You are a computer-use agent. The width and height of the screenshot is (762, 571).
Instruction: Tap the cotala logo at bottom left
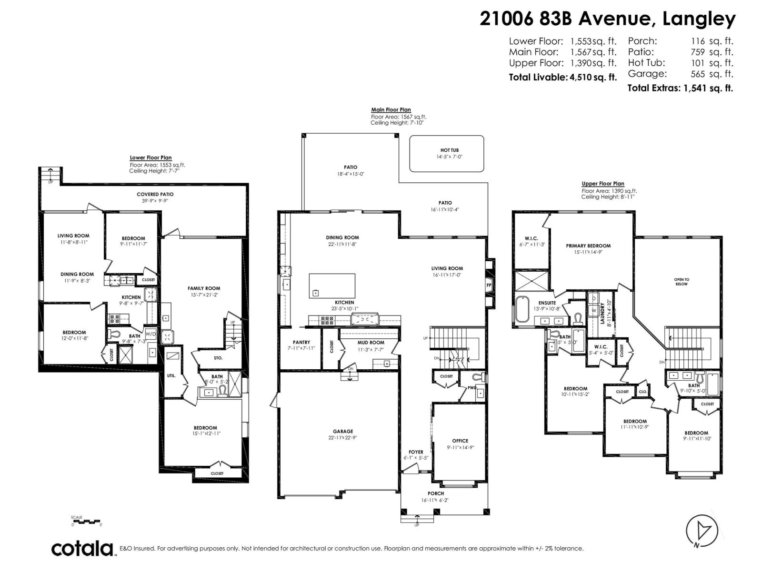click(82, 548)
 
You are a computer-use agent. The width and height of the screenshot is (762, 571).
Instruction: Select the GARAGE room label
click(343, 432)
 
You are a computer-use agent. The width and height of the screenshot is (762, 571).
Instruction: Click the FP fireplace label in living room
click(489, 285)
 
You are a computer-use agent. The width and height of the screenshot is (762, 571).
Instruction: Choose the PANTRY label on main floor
click(301, 342)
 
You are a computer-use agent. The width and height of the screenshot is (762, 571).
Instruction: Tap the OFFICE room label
click(460, 441)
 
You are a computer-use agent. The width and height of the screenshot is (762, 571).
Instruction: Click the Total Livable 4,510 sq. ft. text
click(562, 77)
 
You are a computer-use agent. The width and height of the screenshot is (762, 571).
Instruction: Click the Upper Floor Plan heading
click(602, 184)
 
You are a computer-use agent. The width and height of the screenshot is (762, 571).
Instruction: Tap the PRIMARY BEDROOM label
click(588, 246)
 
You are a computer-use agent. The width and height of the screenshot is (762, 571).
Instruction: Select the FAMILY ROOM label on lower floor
click(204, 288)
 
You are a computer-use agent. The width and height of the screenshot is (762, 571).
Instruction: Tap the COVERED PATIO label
click(155, 194)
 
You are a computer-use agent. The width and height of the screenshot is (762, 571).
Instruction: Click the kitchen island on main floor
click(332, 285)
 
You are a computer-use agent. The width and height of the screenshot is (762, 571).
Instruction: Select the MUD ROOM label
click(371, 342)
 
